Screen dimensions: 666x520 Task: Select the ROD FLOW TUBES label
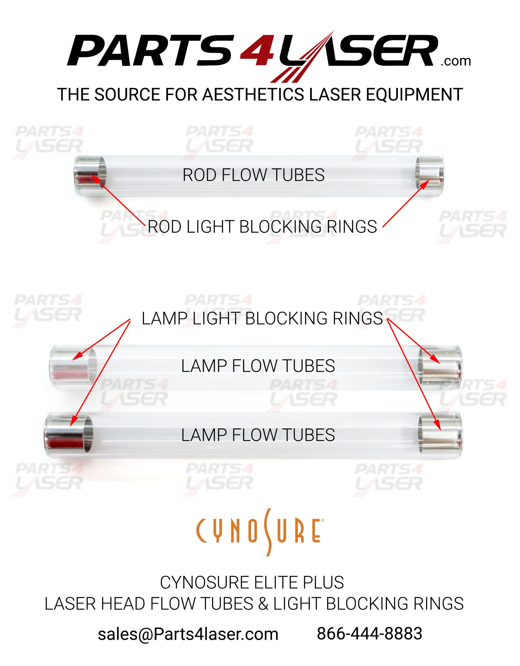tap(253, 175)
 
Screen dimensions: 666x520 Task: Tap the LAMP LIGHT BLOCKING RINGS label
tap(262, 319)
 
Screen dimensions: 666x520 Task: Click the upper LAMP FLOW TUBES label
tap(258, 366)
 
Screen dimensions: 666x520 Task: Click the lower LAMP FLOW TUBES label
tap(258, 435)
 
